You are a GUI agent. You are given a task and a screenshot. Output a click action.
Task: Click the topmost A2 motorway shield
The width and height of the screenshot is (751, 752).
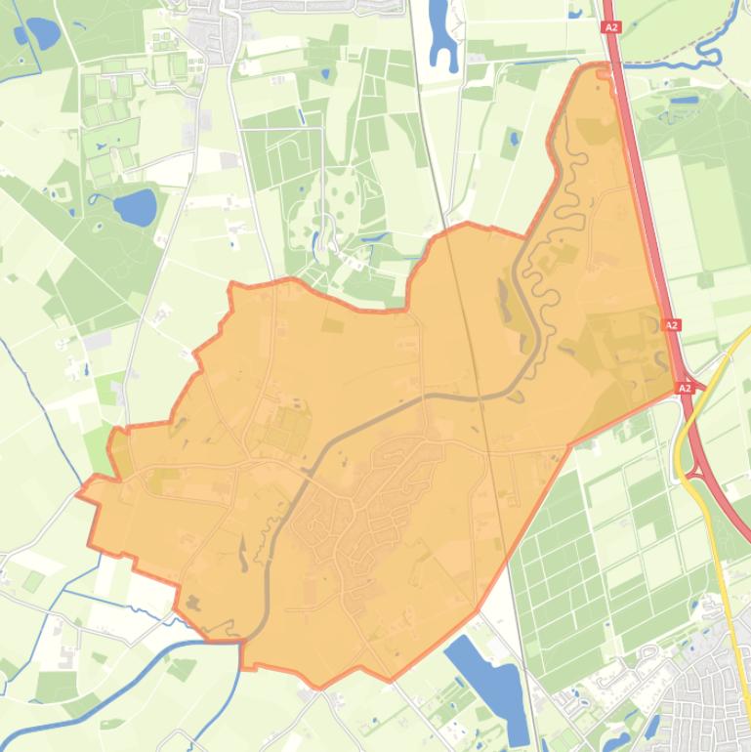[x=612, y=28]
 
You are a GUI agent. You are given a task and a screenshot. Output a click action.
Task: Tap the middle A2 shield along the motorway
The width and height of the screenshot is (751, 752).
[x=672, y=324]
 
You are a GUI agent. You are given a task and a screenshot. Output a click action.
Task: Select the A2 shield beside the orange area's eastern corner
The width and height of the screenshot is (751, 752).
[x=685, y=388]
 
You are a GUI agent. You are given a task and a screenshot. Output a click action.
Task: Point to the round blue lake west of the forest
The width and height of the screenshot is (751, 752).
[x=135, y=206]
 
